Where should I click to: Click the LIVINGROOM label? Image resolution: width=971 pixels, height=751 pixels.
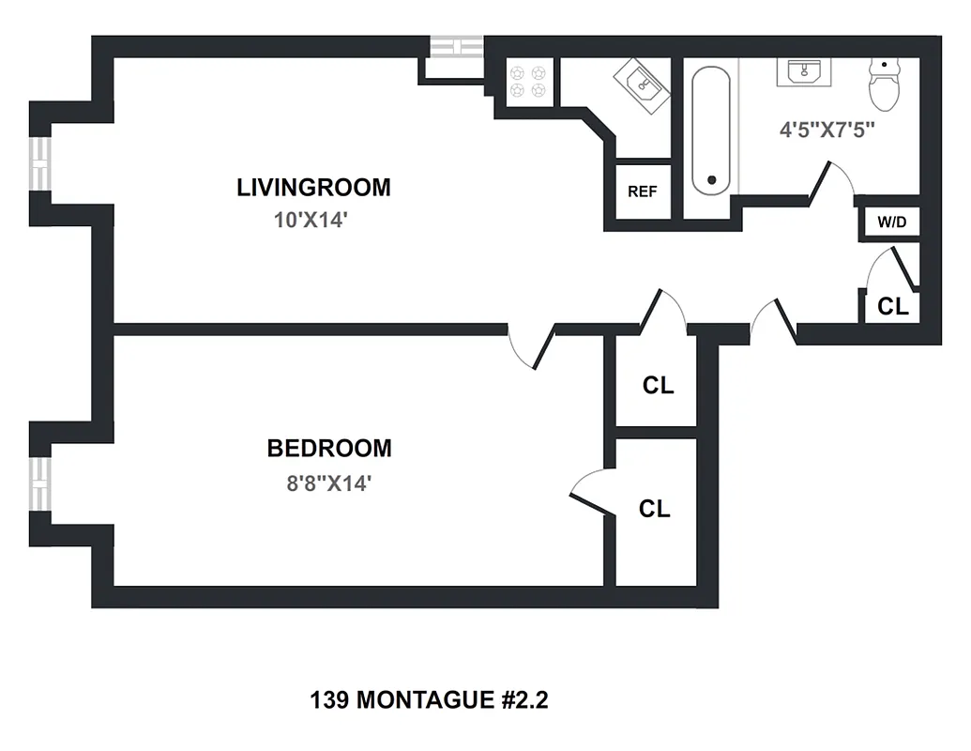tap(313, 187)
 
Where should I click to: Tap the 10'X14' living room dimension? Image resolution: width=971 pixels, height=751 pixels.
tap(313, 222)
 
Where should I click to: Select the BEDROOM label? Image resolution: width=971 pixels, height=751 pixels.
tap(329, 448)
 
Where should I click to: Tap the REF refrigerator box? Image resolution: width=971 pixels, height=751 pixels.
tap(643, 192)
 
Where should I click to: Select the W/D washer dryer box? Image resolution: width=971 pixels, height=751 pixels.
tap(891, 222)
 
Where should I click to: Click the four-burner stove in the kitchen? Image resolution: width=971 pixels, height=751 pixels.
tap(526, 80)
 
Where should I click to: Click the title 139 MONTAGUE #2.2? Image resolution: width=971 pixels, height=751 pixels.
tap(428, 700)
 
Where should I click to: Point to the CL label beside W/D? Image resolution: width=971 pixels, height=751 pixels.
tap(893, 306)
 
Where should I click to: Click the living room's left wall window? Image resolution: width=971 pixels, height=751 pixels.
tap(40, 164)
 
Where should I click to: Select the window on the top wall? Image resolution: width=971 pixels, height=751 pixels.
tap(456, 47)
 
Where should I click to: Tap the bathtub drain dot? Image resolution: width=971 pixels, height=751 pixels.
tap(712, 179)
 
